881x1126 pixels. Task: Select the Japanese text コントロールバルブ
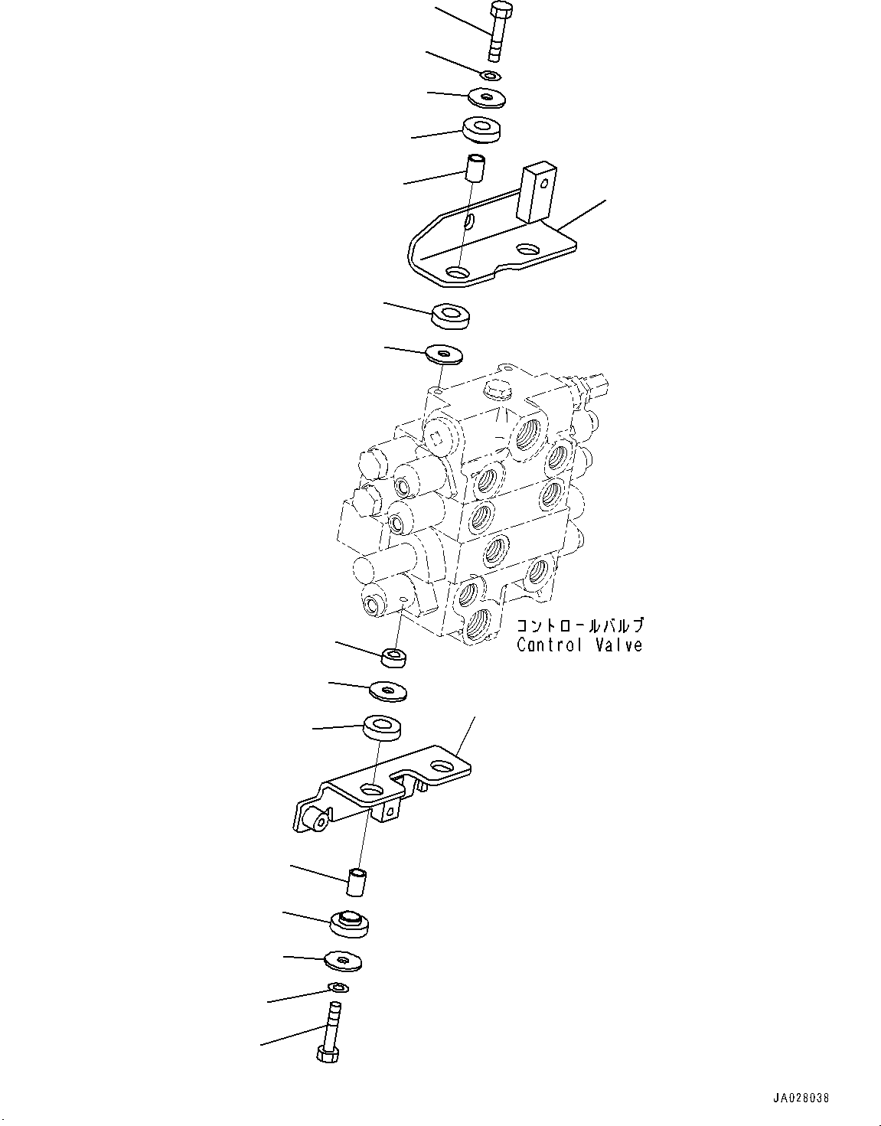pyautogui.click(x=579, y=626)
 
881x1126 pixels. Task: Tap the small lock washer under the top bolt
pyautogui.click(x=490, y=75)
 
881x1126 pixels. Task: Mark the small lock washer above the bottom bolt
pyautogui.click(x=337, y=987)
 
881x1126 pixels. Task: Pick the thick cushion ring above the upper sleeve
pyautogui.click(x=481, y=129)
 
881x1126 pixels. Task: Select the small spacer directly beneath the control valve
pyautogui.click(x=394, y=656)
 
